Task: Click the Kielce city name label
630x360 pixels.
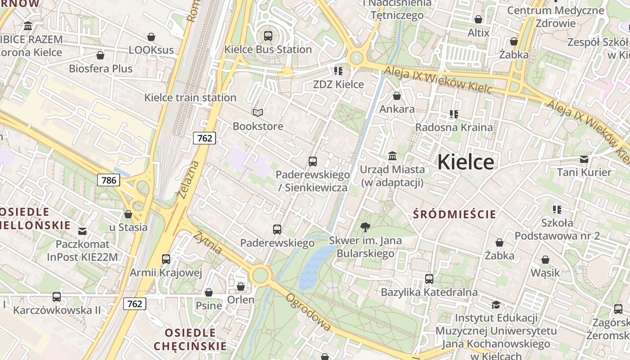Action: pos(465,162)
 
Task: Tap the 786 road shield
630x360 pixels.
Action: pos(108,180)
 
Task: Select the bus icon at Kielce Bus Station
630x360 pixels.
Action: pos(268,36)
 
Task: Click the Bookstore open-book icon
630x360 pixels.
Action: pos(257,112)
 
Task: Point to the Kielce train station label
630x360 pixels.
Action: pos(190,97)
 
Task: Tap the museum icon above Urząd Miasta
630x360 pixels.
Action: pos(392,156)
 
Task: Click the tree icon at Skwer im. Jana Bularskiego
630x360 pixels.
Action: pos(365,227)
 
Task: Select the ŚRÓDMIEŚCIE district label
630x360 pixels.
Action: pos(454,214)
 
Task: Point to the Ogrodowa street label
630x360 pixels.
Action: pos(308,312)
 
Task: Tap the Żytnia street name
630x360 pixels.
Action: pos(209,243)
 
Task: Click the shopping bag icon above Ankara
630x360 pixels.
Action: pos(397,96)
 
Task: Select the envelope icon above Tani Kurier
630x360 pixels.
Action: pos(584,159)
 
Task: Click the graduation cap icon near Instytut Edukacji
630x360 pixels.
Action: pos(496,305)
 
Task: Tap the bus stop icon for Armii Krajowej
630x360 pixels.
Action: pos(166,259)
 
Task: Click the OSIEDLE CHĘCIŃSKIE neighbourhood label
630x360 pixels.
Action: pos(190,339)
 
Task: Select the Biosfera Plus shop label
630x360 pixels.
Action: pos(101,68)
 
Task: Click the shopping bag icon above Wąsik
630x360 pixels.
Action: pos(545,260)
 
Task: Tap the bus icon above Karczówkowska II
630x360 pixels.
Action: pos(57,297)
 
